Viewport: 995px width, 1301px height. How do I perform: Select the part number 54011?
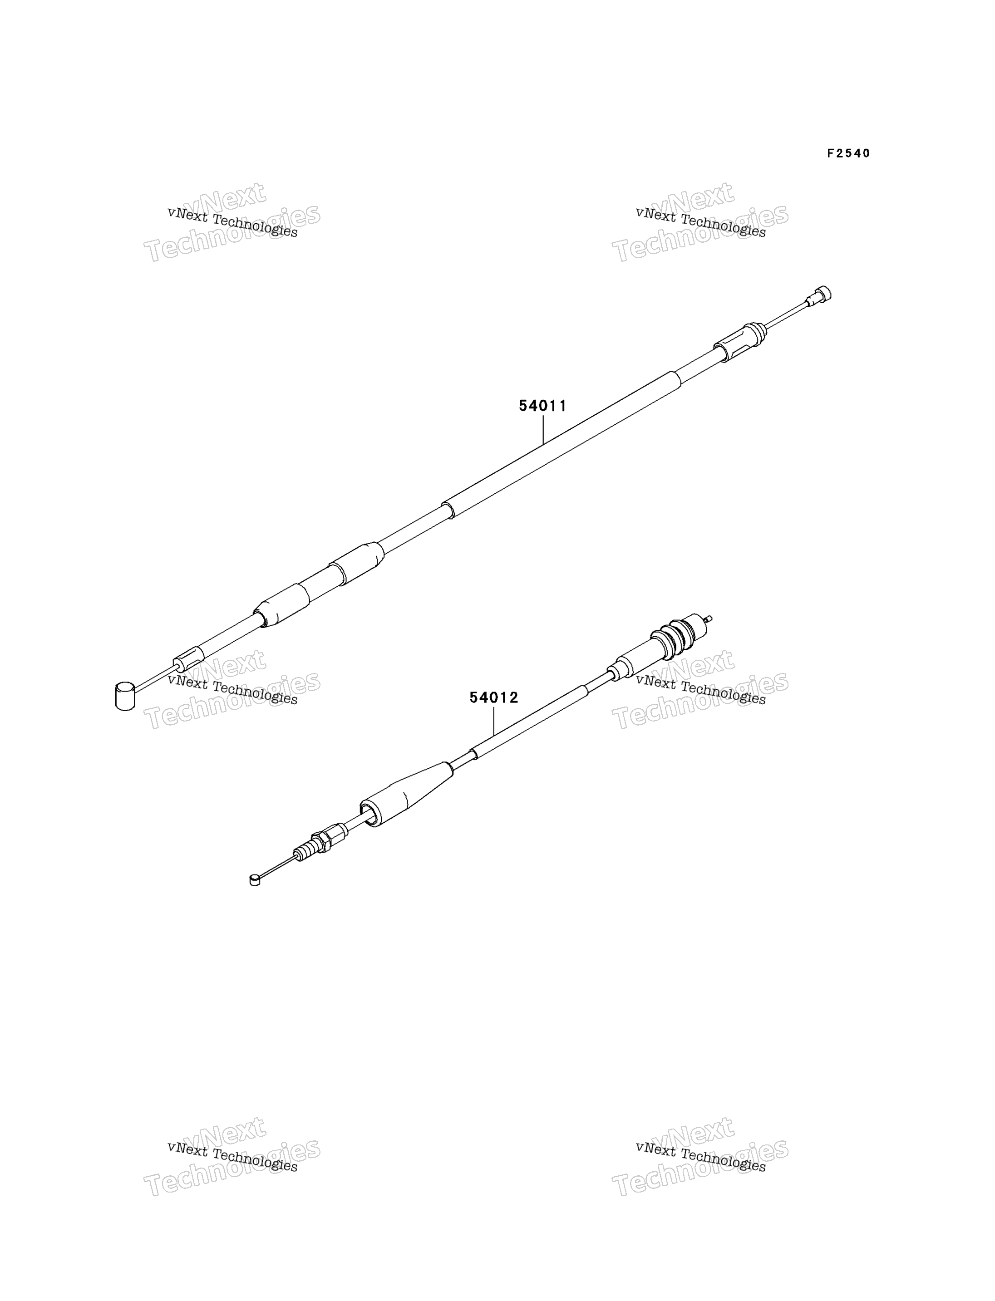pyautogui.click(x=542, y=406)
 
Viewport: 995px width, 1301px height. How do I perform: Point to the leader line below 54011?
pyautogui.click(x=543, y=429)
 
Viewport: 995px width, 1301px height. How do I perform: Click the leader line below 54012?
pyautogui.click(x=493, y=721)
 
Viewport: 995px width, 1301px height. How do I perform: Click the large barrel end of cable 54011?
pyautogui.click(x=125, y=695)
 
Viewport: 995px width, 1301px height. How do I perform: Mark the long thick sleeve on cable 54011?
pyautogui.click(x=562, y=445)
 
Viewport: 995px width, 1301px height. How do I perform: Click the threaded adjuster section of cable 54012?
pyautogui.click(x=307, y=851)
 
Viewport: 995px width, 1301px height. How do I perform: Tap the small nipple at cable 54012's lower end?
pyautogui.click(x=255, y=880)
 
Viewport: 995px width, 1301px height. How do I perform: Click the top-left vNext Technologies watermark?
pyautogui.click(x=232, y=221)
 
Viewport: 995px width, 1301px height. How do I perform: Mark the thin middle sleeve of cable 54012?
pyautogui.click(x=529, y=721)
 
